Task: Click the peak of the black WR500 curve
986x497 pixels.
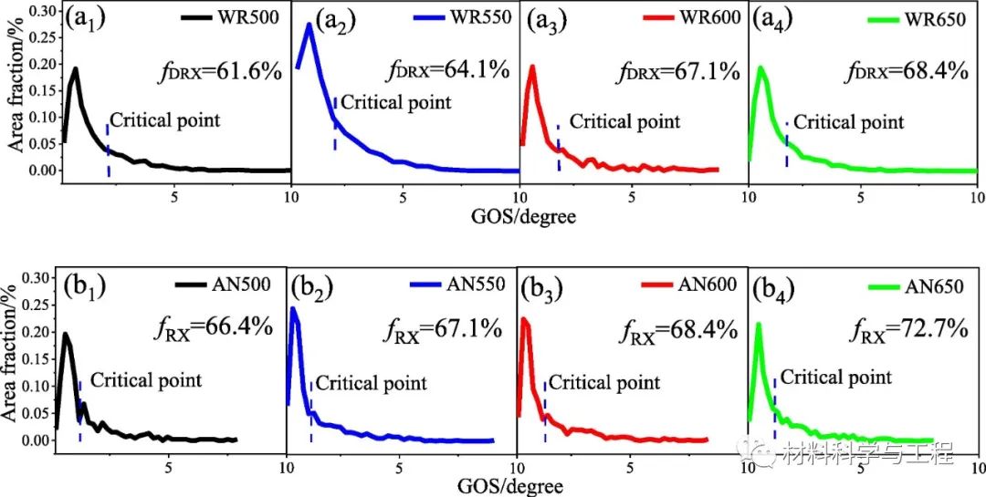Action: (x=76, y=69)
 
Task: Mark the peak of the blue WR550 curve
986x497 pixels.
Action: (x=309, y=25)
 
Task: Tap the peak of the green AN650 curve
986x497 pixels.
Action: (x=759, y=324)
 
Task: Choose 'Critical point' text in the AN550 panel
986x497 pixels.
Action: (x=371, y=384)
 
